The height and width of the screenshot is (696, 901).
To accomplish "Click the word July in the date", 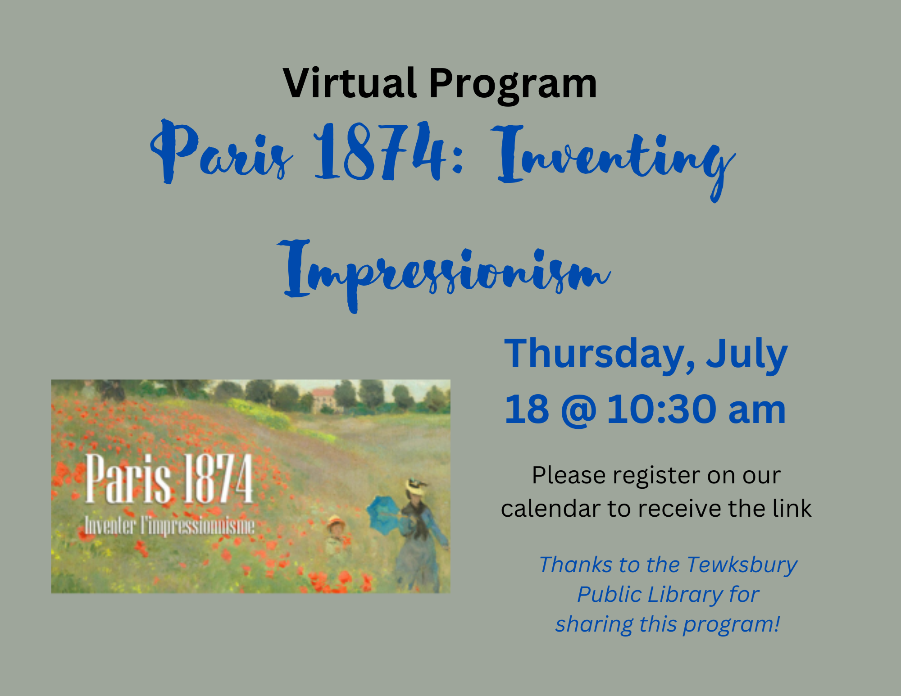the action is click(x=746, y=355).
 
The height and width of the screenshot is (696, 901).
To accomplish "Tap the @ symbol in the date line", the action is click(x=578, y=410).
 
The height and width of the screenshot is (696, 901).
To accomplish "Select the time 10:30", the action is click(x=662, y=409).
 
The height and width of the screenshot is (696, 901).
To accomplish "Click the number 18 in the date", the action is click(x=527, y=409).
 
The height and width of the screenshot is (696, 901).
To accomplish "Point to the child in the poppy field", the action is click(x=336, y=536).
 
